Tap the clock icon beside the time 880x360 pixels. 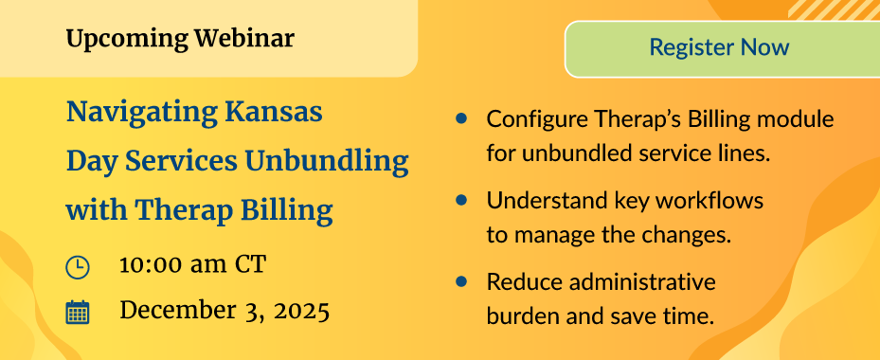[x=78, y=267]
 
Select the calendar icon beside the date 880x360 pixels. [x=78, y=313]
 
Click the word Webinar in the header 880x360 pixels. [x=244, y=39]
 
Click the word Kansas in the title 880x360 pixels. [x=274, y=112]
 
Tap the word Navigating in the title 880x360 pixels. [x=142, y=114]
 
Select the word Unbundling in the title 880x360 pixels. [x=327, y=162]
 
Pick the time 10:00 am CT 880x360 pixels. [x=192, y=265]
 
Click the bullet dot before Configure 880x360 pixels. [x=461, y=118]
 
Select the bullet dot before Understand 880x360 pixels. [x=461, y=200]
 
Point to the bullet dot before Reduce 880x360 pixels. [x=461, y=281]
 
